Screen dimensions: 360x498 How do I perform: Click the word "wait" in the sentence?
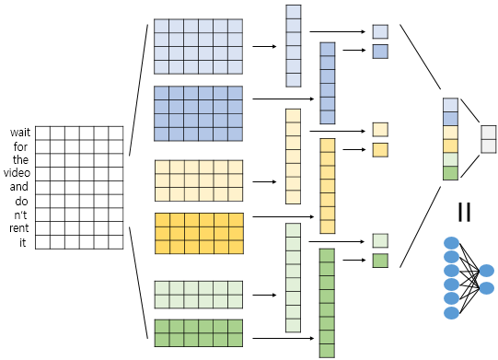[x=19, y=132]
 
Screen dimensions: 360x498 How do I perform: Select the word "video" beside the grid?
[x=17, y=172]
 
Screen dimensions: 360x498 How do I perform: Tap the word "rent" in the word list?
[x=18, y=228]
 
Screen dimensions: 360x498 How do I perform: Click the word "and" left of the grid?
[x=19, y=186]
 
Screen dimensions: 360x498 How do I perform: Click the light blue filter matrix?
[x=198, y=45]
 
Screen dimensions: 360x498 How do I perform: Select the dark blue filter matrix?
[x=198, y=113]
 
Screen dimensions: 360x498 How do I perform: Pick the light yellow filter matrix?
[x=198, y=180]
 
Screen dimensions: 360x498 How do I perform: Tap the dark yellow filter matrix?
[x=198, y=233]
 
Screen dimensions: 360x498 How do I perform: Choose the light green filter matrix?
[x=198, y=296]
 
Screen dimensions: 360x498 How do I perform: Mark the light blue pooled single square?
[x=380, y=32]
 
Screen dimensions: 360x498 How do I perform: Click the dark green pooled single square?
[x=380, y=261]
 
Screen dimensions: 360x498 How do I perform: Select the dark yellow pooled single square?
[x=380, y=149]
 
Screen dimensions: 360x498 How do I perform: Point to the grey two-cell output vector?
[x=489, y=137]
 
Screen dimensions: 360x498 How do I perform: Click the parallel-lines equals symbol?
[x=464, y=213]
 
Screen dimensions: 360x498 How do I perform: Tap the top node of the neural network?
[x=451, y=243]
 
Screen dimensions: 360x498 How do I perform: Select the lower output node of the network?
[x=487, y=288]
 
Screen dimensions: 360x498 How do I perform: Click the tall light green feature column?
[x=293, y=276]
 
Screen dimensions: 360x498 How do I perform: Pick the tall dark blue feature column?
[x=327, y=83]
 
